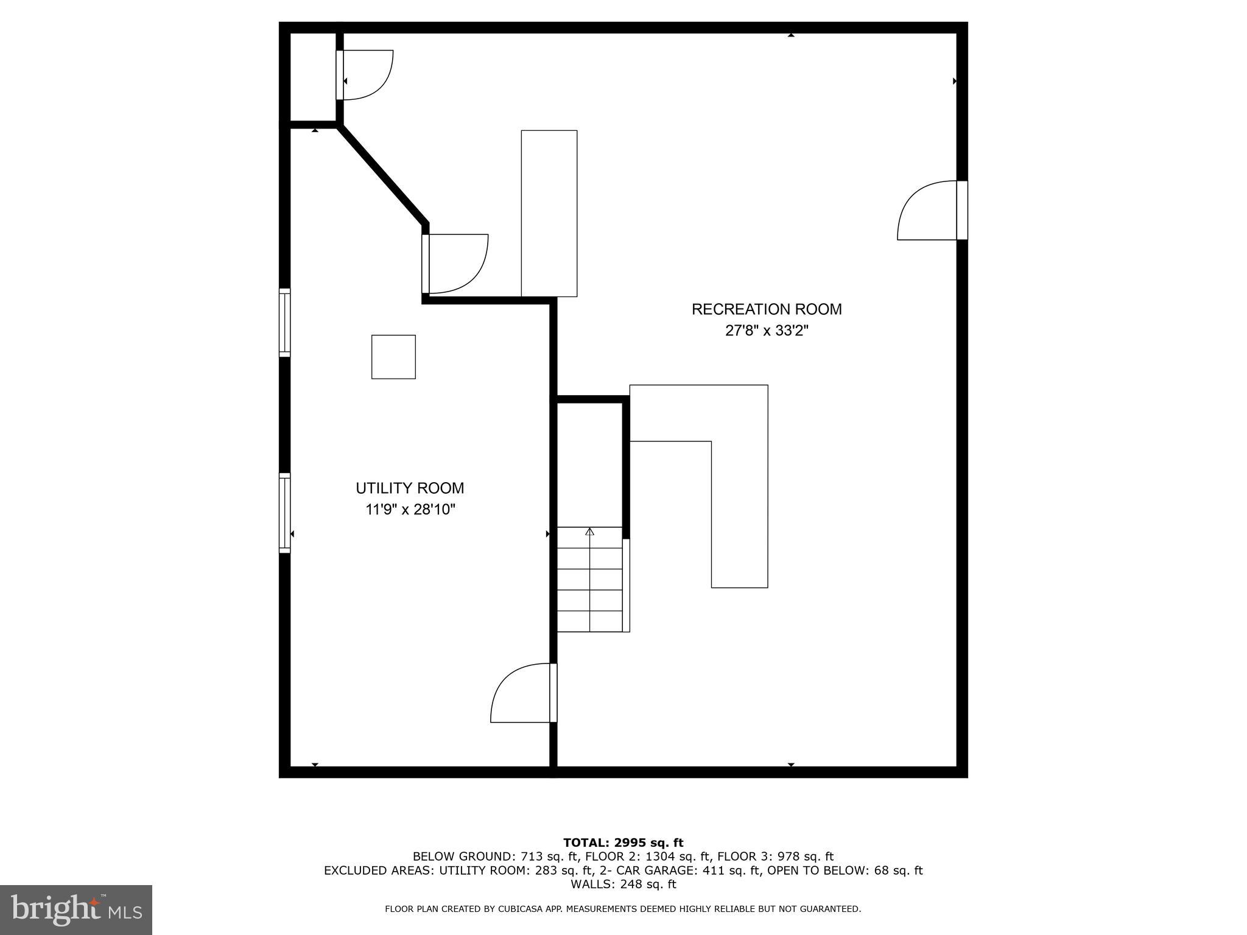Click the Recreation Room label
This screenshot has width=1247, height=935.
coord(767,309)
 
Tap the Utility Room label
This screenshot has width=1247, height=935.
coord(410,488)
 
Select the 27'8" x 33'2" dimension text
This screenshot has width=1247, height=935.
coord(767,331)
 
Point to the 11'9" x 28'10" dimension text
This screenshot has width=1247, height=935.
coord(410,510)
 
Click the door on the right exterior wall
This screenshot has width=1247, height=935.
coord(932,211)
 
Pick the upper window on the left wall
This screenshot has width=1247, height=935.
coord(285,322)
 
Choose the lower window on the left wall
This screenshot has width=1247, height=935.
coord(285,513)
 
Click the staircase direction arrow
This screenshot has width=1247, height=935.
coord(589,531)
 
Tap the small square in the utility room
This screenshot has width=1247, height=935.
coord(393,357)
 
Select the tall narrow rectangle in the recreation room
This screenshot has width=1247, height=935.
coord(549,213)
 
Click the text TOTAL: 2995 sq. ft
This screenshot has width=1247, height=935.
coord(623,843)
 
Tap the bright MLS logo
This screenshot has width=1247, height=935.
coord(76,909)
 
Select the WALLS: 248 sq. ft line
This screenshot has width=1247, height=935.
coord(623,884)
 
